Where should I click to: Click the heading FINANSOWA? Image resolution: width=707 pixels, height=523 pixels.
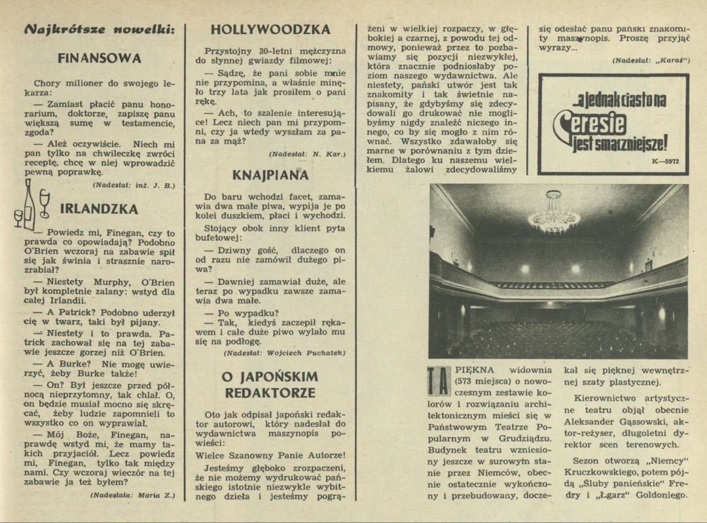coord(100,58)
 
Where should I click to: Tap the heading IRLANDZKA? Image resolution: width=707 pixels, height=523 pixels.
coord(99,209)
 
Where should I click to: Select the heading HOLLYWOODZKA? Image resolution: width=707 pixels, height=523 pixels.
coord(270,29)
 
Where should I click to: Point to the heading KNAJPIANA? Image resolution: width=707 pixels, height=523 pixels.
coord(270,175)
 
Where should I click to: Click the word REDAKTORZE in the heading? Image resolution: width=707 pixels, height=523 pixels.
coord(270,393)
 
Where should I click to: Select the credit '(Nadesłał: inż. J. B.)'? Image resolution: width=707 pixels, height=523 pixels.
coord(134,185)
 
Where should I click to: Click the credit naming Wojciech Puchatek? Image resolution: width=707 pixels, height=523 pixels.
coord(285,353)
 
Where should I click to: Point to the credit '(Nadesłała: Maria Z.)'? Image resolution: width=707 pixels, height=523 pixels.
coord(133,495)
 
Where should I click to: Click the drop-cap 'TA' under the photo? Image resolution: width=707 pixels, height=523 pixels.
coord(438,382)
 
